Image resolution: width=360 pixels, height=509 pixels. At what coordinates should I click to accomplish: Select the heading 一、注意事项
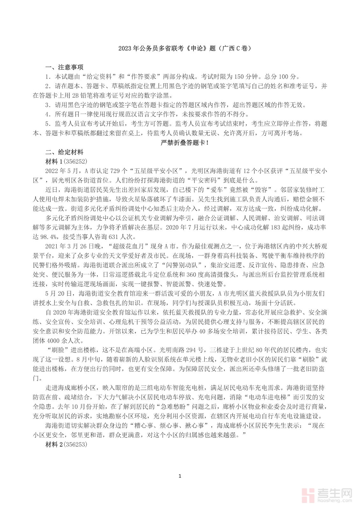coord(64,67)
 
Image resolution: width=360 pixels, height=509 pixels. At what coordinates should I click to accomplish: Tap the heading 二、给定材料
coord(64,152)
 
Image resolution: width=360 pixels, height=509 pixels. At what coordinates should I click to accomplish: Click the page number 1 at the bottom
coord(180,476)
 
